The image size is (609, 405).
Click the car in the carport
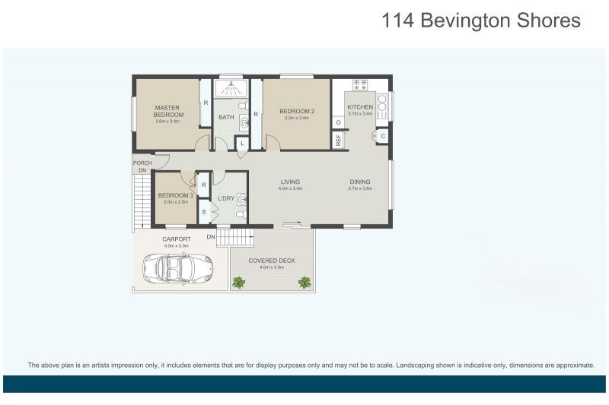[178, 268]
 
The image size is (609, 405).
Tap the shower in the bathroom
[231, 89]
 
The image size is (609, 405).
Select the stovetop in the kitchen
[360, 84]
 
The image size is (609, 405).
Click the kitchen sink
[382, 106]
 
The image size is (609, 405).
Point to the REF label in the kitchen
[338, 141]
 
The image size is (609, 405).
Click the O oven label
[338, 122]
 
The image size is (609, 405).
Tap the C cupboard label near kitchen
[383, 136]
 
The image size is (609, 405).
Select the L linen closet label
[242, 144]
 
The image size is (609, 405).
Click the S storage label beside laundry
[203, 212]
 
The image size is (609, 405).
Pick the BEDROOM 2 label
[297, 111]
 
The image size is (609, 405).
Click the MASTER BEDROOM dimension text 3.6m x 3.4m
[167, 121]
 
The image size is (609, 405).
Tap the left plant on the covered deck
[238, 282]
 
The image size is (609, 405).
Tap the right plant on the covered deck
[304, 282]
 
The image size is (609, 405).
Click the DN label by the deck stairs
[211, 237]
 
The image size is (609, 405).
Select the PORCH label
[142, 163]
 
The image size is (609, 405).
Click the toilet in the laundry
[241, 214]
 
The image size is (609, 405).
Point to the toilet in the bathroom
[243, 106]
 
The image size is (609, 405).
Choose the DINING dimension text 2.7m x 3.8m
[360, 188]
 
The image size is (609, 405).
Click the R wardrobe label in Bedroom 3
[203, 185]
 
